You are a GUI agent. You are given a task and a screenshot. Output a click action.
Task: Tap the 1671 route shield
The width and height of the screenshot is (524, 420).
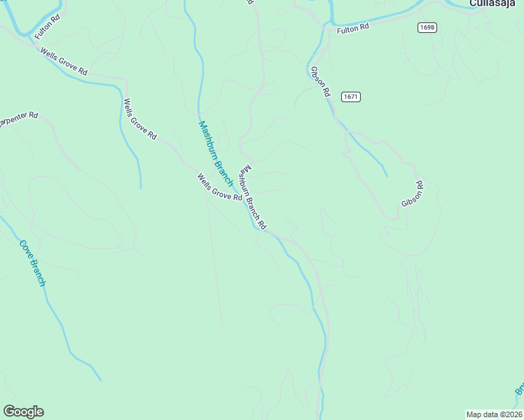(351, 97)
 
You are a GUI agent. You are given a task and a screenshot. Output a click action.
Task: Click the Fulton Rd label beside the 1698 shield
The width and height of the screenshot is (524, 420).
(352, 29)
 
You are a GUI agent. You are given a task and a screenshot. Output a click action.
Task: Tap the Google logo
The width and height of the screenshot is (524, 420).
(23, 412)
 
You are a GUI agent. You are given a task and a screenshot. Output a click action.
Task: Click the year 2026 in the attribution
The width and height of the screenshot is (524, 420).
(513, 414)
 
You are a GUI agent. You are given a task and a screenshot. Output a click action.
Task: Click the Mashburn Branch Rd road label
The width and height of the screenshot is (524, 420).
(253, 198)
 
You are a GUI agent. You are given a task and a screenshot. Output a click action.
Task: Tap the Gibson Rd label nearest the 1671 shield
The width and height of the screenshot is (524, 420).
(319, 81)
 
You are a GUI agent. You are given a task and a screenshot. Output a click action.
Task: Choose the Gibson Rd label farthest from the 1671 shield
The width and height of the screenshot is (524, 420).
(413, 195)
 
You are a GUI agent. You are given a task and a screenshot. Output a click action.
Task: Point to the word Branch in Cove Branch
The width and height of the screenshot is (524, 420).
(38, 273)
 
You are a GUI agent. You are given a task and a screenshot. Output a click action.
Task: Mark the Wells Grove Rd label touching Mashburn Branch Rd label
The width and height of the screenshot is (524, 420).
(219, 188)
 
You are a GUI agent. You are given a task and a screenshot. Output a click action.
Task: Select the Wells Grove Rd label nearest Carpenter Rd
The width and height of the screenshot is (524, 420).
(140, 120)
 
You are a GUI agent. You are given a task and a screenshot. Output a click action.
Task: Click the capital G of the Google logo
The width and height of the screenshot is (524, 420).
(9, 412)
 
